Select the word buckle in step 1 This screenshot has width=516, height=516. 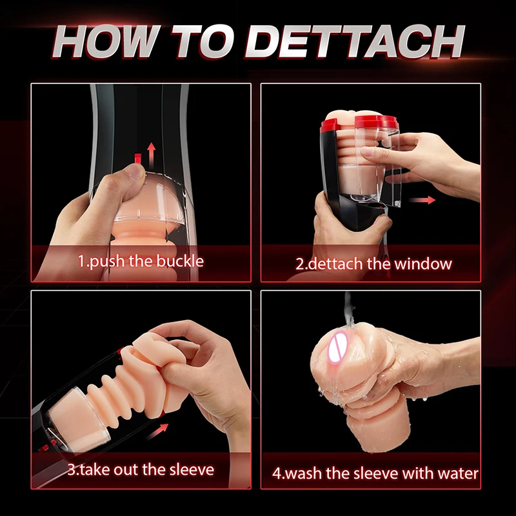180,261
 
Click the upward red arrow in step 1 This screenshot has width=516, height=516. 151,155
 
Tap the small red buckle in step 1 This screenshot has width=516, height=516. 138,158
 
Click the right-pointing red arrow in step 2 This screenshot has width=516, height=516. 422,200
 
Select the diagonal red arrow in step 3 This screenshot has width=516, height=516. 157,432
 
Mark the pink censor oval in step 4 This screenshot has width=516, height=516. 338,348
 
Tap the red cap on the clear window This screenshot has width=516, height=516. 376,122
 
